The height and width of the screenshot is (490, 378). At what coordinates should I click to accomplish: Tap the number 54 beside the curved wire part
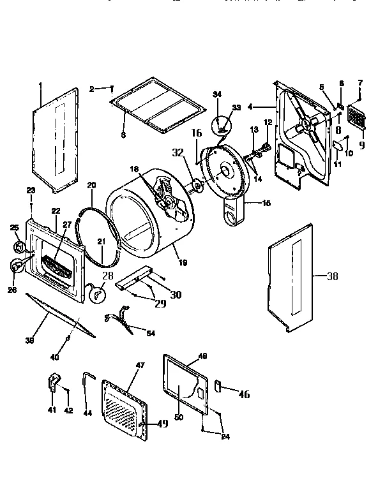pos(150,333)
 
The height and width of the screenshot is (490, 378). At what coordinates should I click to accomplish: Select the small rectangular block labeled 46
pos(217,385)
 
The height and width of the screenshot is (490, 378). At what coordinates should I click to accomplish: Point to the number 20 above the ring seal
pos(91,185)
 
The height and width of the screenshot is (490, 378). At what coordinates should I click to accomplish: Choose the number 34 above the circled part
pos(217,94)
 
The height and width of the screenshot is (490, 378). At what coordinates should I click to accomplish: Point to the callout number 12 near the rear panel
pos(268,122)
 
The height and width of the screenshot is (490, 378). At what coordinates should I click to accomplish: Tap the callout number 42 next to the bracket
pos(68,410)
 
